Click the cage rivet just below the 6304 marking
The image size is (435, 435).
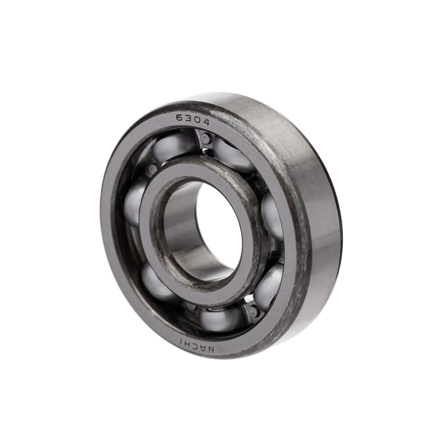(x=206, y=137)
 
